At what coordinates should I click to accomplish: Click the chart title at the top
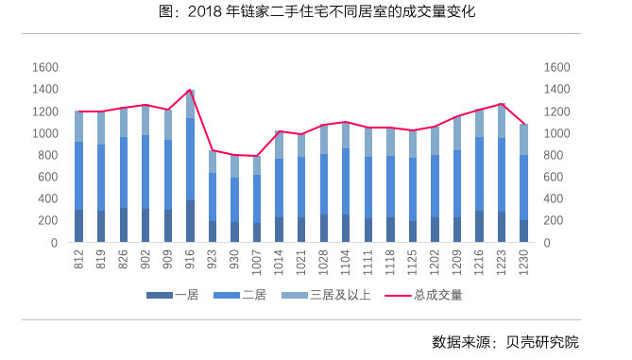pos(316,12)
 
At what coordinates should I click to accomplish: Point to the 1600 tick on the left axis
pos(45,68)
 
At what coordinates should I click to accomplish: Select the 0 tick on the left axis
pos(55,243)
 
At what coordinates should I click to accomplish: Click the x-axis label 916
pos(191,259)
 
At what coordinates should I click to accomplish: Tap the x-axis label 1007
pos(257,262)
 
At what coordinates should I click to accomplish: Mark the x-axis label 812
pos(80,259)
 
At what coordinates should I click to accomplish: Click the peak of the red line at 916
pos(190,90)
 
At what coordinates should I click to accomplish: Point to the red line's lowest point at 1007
pos(255,156)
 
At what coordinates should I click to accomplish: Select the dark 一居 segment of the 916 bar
pos(190,221)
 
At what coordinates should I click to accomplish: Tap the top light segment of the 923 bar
pos(212,162)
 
